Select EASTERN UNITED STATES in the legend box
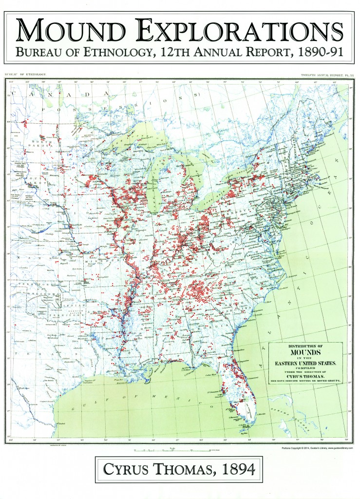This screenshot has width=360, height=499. coord(305,363)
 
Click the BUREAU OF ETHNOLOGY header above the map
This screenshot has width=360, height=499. coord(25,75)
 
